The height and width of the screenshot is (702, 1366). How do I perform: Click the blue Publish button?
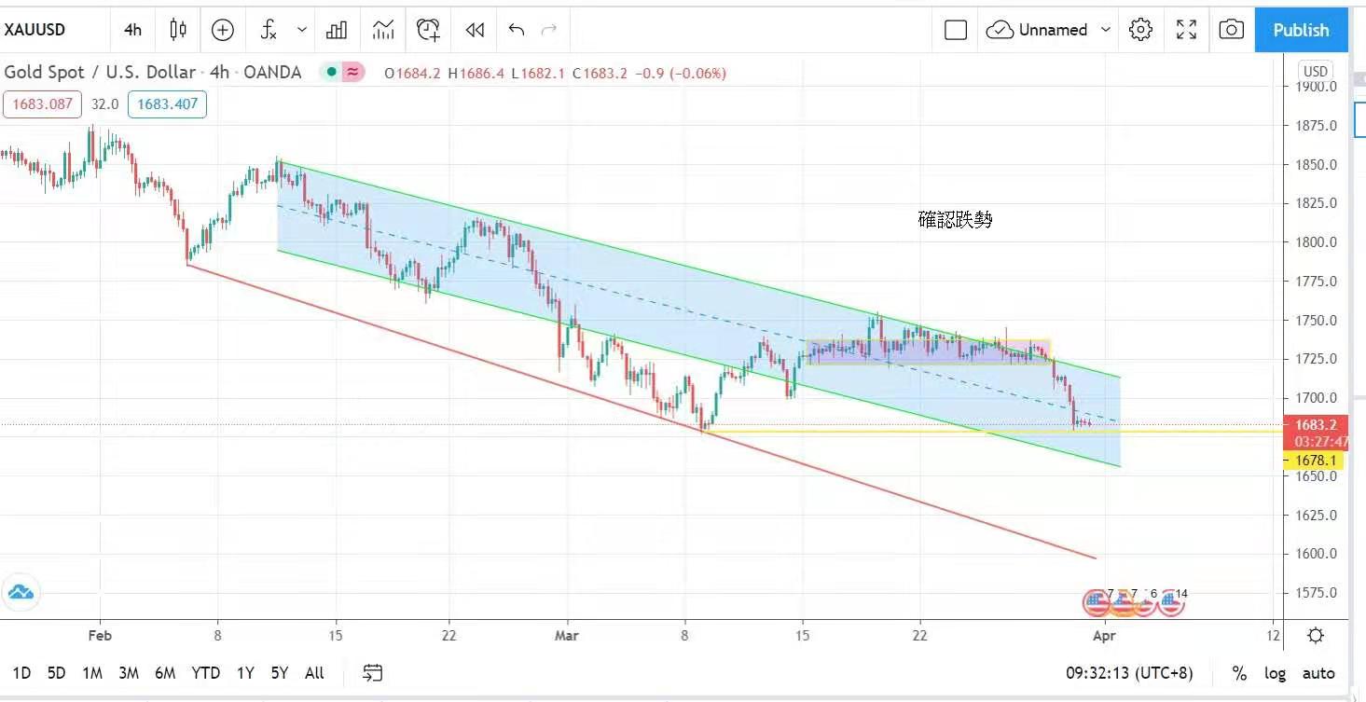[1301, 30]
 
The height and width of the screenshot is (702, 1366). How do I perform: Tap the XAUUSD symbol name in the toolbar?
[35, 30]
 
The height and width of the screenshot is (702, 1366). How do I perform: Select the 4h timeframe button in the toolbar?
[132, 30]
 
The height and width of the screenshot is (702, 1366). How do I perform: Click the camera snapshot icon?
[1231, 30]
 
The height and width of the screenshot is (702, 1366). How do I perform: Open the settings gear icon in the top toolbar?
[1140, 30]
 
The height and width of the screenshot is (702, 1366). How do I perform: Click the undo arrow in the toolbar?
[517, 30]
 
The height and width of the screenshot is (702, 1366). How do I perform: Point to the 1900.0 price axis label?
[1317, 87]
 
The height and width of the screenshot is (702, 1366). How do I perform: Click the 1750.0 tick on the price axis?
[1317, 320]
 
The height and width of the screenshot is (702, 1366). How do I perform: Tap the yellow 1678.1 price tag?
[1316, 461]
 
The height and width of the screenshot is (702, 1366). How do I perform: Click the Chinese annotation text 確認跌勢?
[956, 220]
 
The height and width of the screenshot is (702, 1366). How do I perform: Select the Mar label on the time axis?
[566, 636]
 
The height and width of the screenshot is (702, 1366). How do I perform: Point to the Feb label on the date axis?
[100, 636]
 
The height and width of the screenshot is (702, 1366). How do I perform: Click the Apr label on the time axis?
[1103, 636]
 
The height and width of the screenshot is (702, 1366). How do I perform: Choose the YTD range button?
[205, 673]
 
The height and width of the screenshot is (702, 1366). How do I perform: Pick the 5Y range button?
[279, 673]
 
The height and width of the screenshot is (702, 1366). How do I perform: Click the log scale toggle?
[1275, 673]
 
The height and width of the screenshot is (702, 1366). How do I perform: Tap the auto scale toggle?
[1318, 673]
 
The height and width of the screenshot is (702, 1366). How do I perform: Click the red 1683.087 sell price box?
[42, 104]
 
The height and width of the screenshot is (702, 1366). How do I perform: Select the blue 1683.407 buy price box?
[168, 104]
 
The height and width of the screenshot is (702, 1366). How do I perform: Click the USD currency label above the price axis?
[1316, 72]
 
